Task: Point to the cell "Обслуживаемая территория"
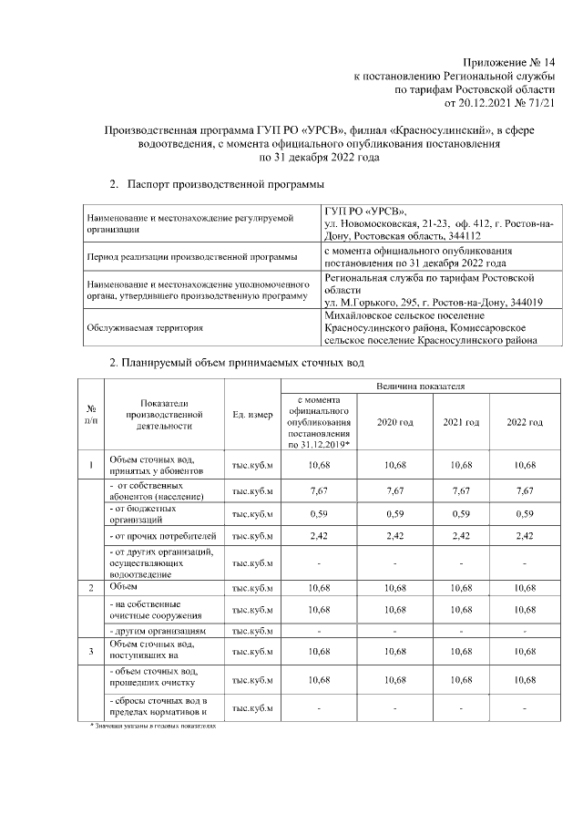145,325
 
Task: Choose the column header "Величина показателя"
419,387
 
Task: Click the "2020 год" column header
394,422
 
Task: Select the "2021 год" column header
460,422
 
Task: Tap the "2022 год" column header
525,422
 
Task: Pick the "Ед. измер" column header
252,416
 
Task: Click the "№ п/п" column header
91,416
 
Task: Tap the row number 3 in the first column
91,651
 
